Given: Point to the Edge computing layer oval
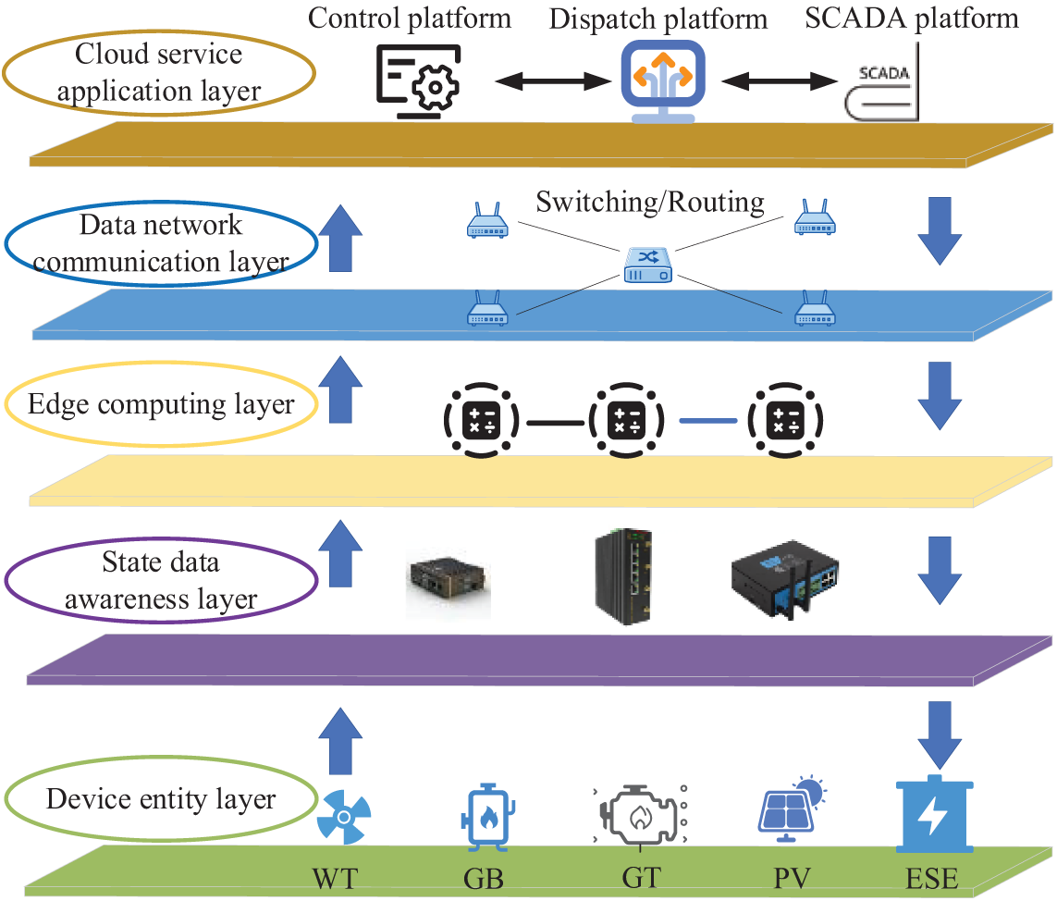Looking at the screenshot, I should (162, 404).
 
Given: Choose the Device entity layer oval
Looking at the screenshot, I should (161, 798).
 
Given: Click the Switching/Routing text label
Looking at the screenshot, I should (650, 202).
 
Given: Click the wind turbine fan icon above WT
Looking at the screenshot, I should (344, 814).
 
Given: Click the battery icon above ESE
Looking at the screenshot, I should (935, 815).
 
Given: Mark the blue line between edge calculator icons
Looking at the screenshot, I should (707, 421).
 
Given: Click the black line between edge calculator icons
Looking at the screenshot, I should (554, 423).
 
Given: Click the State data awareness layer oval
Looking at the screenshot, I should (162, 581).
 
